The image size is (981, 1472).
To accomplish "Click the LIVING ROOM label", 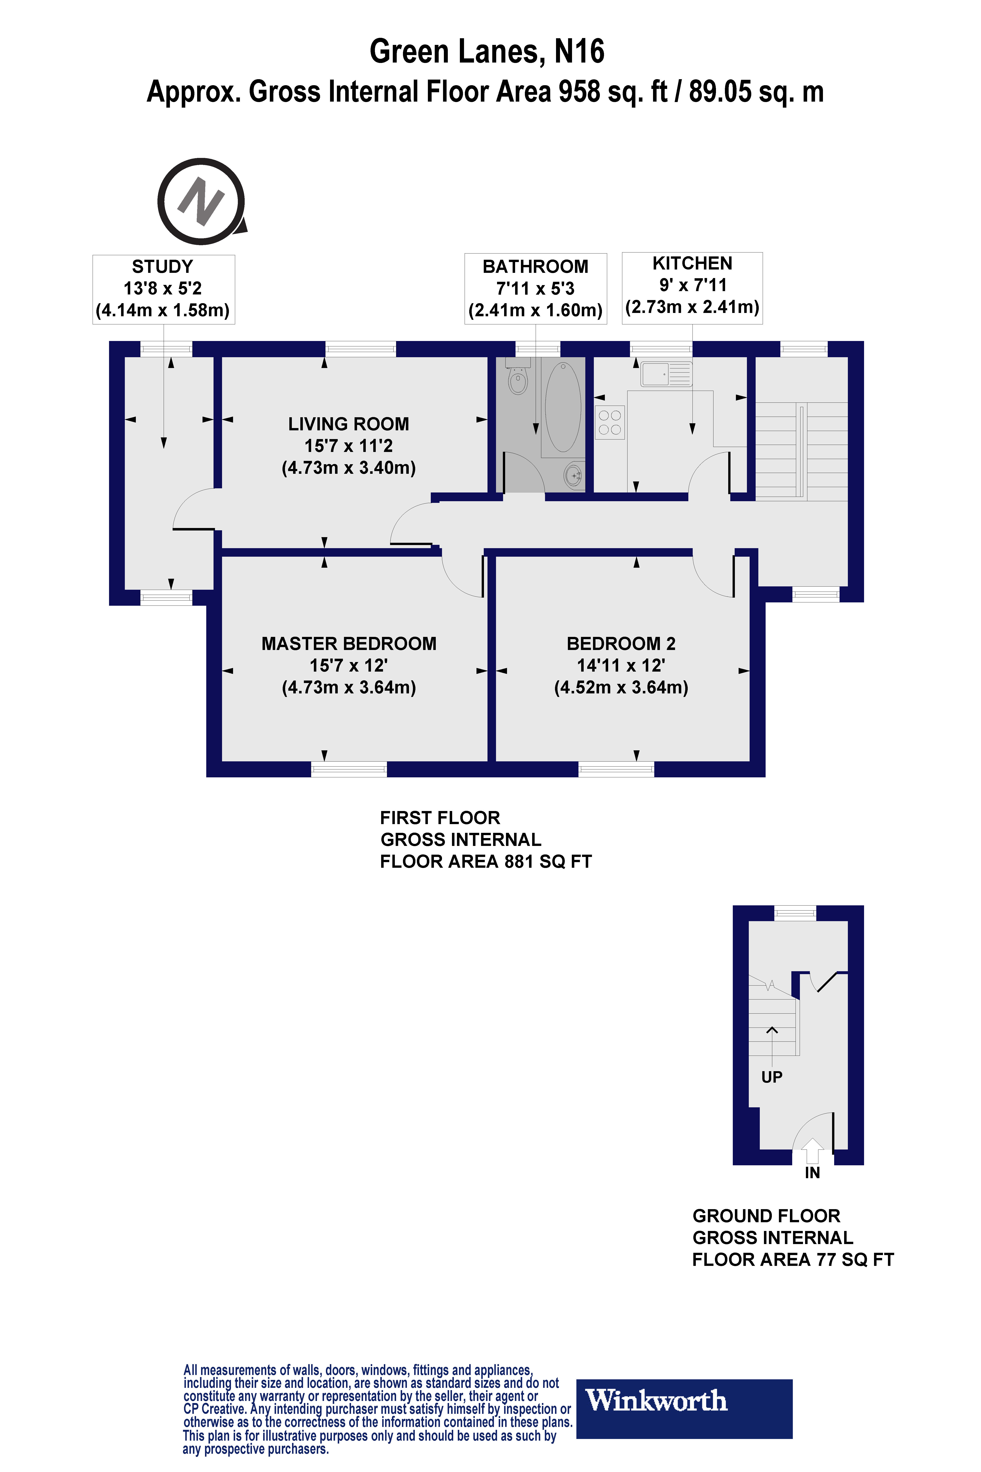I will pyautogui.click(x=349, y=424).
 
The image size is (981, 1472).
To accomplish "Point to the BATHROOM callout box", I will pyautogui.click(x=535, y=288).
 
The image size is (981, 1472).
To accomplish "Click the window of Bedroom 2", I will pyautogui.click(x=616, y=769).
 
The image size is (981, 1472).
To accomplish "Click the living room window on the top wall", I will pyautogui.click(x=360, y=349).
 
